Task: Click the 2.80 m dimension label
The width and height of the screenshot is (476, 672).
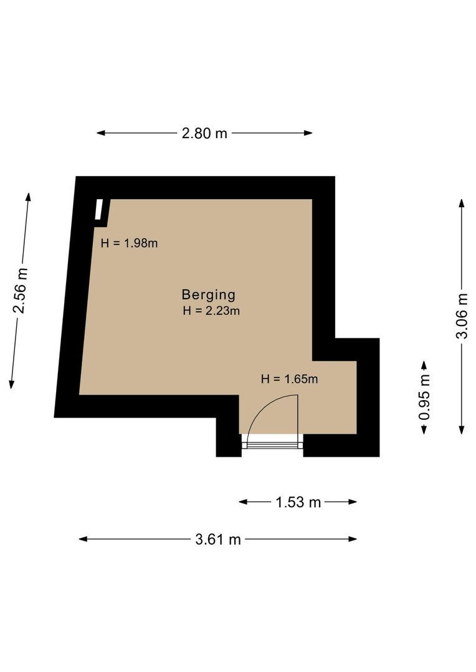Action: (x=204, y=133)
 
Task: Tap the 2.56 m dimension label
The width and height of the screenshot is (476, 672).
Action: (x=21, y=291)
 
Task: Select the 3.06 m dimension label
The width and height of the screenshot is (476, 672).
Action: (x=462, y=316)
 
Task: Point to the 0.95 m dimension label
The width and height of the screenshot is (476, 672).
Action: (x=424, y=397)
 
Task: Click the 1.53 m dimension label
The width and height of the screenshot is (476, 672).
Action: (x=298, y=502)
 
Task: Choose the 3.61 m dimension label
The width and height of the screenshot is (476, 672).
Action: (x=218, y=539)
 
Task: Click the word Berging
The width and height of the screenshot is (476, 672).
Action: (x=209, y=295)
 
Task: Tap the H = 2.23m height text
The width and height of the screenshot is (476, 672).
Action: (x=211, y=310)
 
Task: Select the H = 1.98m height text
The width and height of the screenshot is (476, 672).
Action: (x=129, y=243)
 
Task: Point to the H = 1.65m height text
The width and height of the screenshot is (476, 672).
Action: (x=289, y=379)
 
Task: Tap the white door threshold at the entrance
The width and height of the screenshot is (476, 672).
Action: (x=272, y=441)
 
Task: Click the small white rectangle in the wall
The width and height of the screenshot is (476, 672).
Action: (x=99, y=210)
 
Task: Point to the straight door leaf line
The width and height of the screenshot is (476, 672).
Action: (x=297, y=415)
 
